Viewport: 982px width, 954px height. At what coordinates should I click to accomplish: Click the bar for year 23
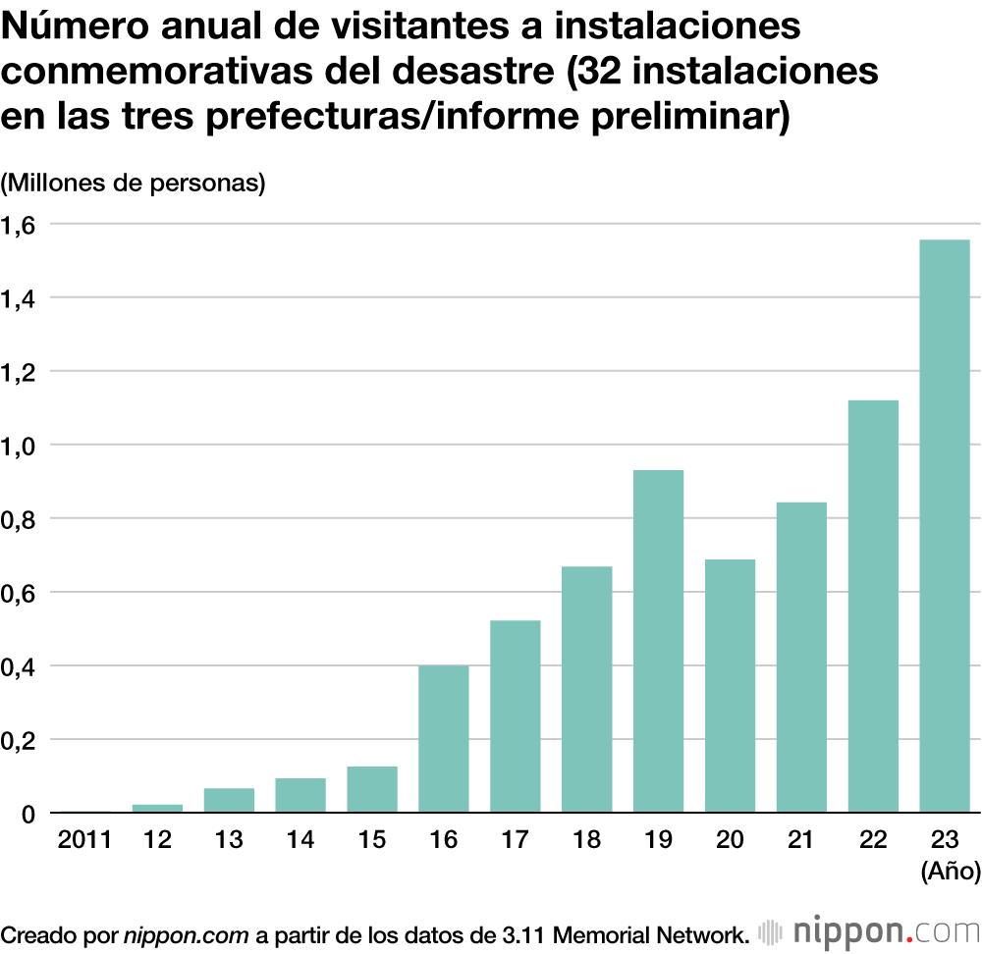tap(944, 526)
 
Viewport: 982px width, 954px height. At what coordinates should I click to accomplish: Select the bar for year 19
tap(658, 641)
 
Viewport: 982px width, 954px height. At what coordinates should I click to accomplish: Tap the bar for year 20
tap(730, 685)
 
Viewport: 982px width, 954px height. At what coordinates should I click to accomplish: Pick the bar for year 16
tap(443, 738)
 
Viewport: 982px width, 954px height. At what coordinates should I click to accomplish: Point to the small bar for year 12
tap(157, 808)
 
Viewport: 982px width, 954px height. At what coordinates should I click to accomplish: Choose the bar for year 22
tap(873, 606)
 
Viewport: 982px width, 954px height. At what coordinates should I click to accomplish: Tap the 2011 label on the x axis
tap(84, 840)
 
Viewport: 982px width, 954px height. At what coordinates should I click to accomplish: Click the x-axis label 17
tap(515, 840)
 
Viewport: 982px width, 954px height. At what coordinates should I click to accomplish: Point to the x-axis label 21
tap(801, 840)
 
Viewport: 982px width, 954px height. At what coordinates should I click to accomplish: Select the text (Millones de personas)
tap(134, 184)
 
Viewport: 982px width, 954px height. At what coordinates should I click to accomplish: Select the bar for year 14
tap(300, 795)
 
